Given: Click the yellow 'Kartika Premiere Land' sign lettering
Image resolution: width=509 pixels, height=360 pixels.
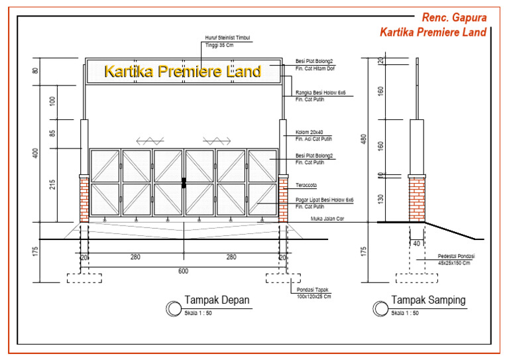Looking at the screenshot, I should point(183,71).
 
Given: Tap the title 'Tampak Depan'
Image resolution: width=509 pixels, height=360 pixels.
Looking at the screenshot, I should point(217,300).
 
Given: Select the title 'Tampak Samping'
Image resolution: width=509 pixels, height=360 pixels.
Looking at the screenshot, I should point(428,300).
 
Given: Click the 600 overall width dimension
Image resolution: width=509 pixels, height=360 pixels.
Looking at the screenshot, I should point(182,270).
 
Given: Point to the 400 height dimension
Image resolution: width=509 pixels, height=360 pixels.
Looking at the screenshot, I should point(36,153).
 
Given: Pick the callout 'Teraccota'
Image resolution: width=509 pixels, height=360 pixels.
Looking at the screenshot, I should point(307,186).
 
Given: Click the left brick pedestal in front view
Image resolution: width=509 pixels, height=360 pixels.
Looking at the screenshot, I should point(84,198).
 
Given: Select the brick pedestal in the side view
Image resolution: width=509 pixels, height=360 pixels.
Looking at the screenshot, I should point(417,198).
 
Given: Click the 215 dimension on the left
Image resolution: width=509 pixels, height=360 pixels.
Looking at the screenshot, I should point(53,185).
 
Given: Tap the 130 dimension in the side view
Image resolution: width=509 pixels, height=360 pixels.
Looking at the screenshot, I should point(381,199).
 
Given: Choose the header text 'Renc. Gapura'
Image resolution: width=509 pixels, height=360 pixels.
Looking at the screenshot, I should point(453,18).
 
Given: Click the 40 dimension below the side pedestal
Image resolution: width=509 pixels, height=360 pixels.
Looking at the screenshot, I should point(417,244).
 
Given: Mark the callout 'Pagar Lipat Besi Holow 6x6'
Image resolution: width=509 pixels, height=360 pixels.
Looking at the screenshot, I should point(324,199).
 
